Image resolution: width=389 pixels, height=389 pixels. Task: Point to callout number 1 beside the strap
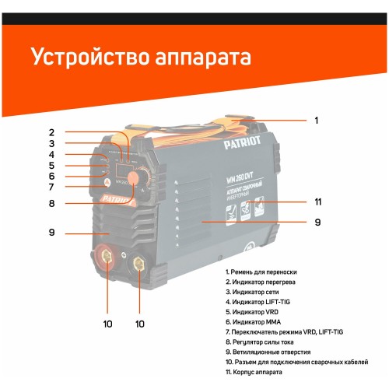click(x=316, y=121)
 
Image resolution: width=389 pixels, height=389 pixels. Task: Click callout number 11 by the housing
click(x=318, y=202)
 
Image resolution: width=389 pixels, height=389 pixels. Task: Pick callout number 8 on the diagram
click(x=51, y=204)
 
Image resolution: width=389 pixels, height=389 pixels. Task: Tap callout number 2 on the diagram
click(x=51, y=131)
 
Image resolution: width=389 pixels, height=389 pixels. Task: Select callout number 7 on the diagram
click(x=51, y=187)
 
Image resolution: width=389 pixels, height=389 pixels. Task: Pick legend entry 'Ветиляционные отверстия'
click(x=275, y=352)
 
